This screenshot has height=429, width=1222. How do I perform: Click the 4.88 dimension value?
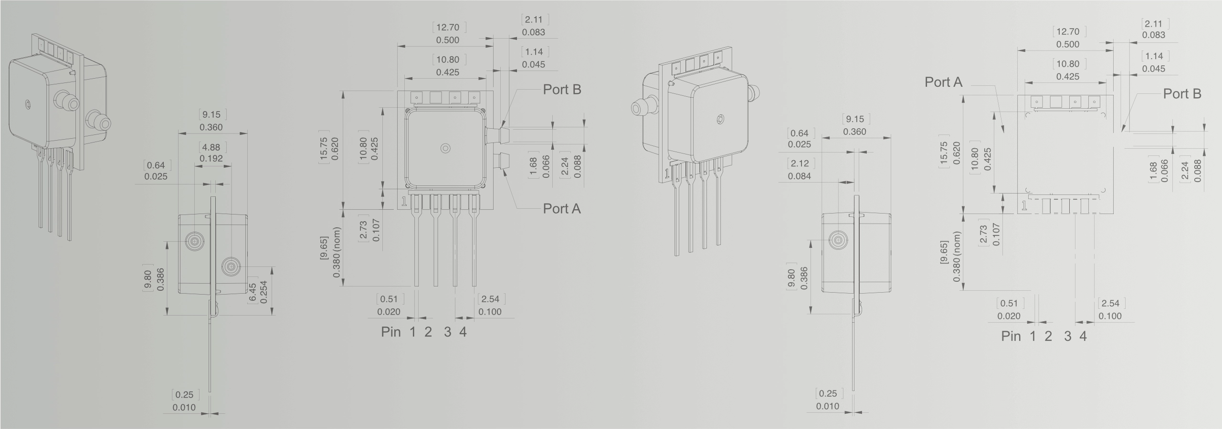pos(211,147)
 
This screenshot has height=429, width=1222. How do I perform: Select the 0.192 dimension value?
pos(211,158)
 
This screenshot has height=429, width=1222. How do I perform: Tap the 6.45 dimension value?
pos(253,292)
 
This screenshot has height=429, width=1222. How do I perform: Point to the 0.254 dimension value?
pos(263,292)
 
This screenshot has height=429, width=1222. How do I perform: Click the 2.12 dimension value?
pos(800,163)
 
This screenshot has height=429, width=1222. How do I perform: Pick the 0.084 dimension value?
pos(800,176)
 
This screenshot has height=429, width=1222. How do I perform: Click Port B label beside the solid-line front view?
pos(562,90)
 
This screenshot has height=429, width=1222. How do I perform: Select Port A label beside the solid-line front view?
pos(562,209)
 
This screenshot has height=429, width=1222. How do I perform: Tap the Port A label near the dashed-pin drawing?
pos(944,82)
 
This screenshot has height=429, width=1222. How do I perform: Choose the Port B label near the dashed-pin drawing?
pos(1182,94)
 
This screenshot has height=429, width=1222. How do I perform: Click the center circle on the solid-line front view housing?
pos(446,148)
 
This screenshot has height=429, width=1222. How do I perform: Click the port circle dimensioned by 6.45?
pos(231,266)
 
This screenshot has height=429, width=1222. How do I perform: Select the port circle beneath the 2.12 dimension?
pos(838,240)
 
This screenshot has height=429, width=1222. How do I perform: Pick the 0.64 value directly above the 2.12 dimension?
pos(800,133)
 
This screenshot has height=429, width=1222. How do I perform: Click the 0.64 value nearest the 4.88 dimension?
pos(156,165)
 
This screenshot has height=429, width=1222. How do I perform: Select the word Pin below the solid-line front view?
pos(390,332)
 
